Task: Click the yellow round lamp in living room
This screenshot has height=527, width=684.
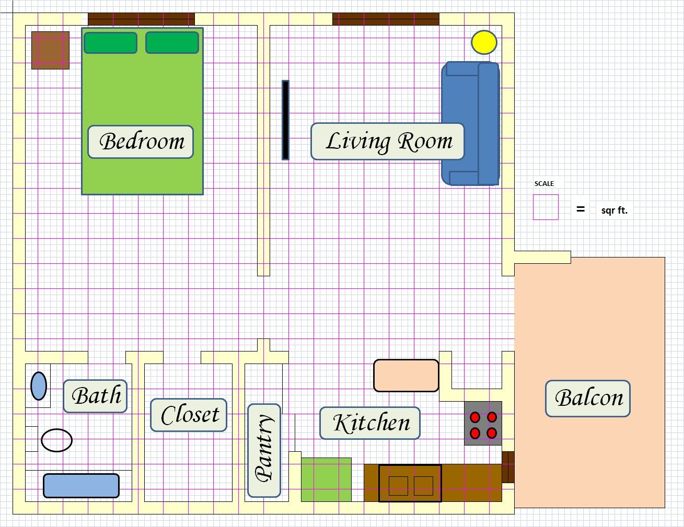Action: [484, 42]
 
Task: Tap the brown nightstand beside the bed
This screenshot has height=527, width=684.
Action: [50, 50]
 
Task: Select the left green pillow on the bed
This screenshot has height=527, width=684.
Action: [110, 43]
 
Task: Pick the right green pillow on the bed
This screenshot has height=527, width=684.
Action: [172, 42]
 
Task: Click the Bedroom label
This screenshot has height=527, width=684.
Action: [141, 142]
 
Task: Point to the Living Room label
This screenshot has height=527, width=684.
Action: [388, 142]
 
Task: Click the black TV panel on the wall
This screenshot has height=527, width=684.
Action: [285, 120]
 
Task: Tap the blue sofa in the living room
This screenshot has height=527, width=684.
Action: [470, 123]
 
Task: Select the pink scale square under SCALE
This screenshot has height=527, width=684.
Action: [546, 207]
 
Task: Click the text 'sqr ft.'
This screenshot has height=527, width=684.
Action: [614, 210]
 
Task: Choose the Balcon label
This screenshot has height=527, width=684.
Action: [588, 399]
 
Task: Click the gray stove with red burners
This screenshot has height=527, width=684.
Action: [483, 424]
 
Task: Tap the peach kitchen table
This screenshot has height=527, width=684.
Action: [406, 376]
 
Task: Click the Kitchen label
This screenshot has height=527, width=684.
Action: [370, 423]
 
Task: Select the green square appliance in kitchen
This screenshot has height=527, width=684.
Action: [326, 479]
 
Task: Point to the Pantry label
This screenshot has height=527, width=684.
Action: [264, 450]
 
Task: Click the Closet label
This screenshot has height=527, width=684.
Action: [189, 415]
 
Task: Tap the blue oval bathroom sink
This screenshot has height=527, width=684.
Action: [39, 386]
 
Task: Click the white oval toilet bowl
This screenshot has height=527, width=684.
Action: [56, 440]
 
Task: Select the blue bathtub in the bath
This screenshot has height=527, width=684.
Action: [81, 486]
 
